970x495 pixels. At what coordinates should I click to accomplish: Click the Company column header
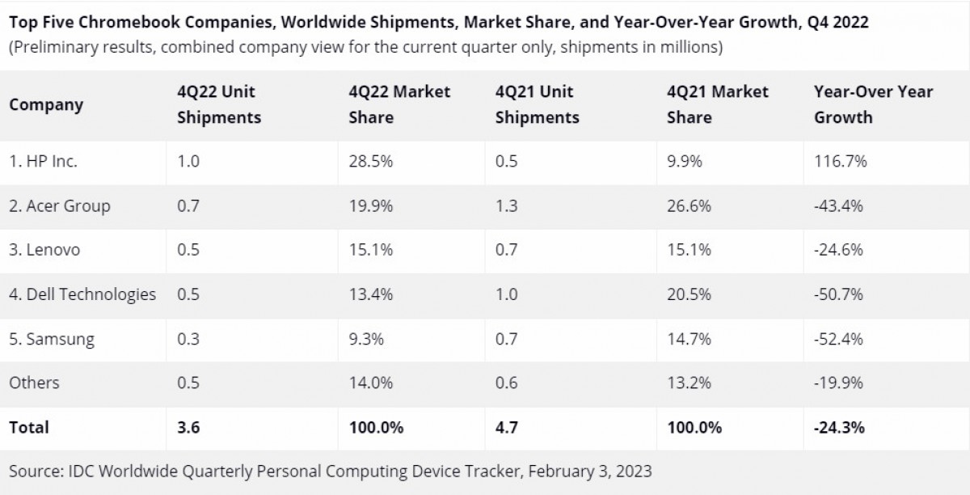[x=46, y=105]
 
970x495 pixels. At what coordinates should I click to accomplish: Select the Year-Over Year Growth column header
[x=873, y=105]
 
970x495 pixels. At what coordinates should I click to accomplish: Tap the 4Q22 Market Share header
[x=399, y=105]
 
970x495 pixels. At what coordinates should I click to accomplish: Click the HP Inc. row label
[x=44, y=162]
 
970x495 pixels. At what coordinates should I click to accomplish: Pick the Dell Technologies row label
[x=82, y=294]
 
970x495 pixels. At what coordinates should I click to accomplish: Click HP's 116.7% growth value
[x=841, y=162]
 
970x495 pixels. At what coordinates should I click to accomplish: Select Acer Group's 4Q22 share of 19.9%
[x=371, y=206]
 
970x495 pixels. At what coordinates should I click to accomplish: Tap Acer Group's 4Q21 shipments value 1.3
[x=506, y=206]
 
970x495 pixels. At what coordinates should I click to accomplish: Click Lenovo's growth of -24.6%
[x=838, y=250]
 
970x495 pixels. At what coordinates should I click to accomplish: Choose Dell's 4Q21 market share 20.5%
[x=689, y=294]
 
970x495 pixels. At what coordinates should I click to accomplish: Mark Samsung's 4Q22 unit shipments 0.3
[x=188, y=339]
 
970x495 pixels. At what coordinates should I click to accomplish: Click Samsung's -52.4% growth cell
[x=838, y=339]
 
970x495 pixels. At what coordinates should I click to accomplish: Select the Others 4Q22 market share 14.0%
[x=371, y=383]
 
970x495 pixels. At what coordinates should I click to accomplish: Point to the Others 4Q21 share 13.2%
[x=689, y=383]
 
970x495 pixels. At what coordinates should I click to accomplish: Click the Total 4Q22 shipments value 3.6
[x=188, y=427]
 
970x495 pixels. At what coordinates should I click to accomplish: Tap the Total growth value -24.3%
[x=839, y=427]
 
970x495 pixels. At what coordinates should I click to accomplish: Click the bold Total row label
[x=29, y=427]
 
